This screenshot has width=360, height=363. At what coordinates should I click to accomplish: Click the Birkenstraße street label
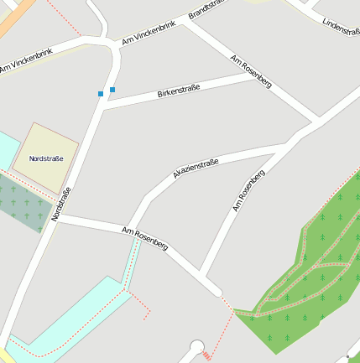pos(179,91)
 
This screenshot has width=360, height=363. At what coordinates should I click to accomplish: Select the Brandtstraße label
pos(210,10)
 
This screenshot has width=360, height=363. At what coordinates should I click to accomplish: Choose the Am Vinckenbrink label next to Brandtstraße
pos(149,31)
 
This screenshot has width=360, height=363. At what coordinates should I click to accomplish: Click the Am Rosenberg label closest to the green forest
pos(248,190)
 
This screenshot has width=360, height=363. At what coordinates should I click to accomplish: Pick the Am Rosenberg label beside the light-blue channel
pos(145,239)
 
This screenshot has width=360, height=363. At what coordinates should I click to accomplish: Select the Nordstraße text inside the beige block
pos(46,158)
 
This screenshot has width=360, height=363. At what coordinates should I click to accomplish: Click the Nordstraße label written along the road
pos(60,204)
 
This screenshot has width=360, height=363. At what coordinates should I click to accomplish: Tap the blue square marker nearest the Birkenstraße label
pos(112,89)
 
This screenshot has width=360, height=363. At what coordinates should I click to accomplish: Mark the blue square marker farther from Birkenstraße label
pos(101,94)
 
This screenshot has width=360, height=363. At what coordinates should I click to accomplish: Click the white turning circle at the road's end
pos(196,346)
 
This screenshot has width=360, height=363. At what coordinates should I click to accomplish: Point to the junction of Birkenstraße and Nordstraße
pos(101,106)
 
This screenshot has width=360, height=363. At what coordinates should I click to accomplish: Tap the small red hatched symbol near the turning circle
pos(206,355)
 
